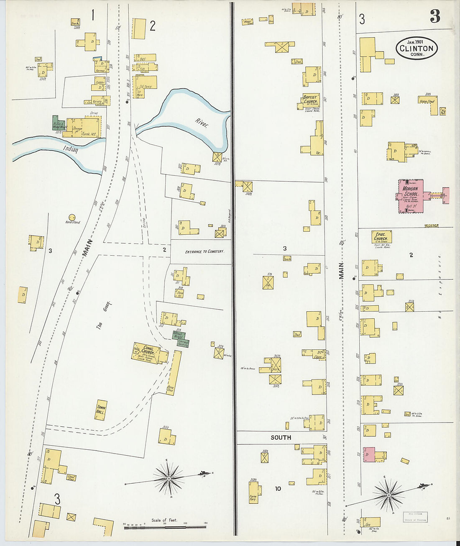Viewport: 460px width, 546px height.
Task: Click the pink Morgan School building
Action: [411, 196]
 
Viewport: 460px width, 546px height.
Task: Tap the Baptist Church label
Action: [310, 100]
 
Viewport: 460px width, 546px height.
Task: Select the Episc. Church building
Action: [381, 237]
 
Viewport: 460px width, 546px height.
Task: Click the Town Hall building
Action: [101, 409]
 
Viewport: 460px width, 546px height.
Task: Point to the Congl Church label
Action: [148, 351]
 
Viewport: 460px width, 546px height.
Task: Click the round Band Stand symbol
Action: [72, 217]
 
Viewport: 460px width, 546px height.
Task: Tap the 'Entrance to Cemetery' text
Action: [204, 251]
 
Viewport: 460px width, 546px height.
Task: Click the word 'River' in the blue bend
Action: [201, 123]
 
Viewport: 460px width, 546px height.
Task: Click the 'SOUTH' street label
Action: [281, 438]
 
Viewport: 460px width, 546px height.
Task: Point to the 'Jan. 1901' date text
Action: [417, 42]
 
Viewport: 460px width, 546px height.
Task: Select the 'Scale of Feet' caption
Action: [164, 520]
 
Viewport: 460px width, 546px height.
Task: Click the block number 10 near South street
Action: [278, 488]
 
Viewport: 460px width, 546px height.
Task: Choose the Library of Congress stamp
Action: [415, 517]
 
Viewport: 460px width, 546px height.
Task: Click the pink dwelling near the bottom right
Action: [369, 454]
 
